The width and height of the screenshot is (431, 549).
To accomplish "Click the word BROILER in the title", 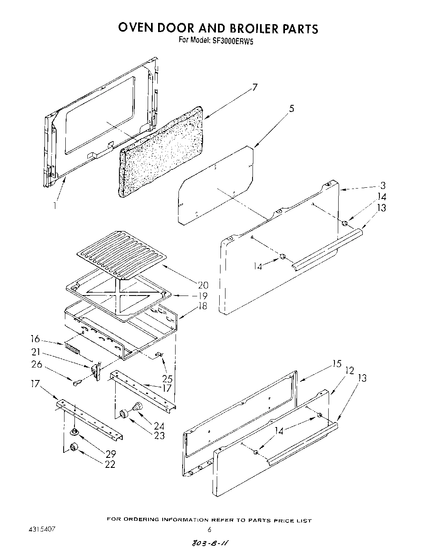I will tap(248, 28).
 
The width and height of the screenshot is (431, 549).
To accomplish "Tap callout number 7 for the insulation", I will tap(255, 87).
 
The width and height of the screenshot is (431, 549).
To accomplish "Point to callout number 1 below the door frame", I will tap(55, 205).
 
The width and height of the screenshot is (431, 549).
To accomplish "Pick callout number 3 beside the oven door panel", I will tap(383, 186).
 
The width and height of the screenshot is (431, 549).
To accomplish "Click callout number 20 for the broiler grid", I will tap(203, 286).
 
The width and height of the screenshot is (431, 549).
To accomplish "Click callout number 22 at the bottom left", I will tap(110, 464).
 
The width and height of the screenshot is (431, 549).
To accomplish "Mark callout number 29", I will tap(110, 454).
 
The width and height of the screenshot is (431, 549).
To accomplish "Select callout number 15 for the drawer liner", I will tap(337, 364).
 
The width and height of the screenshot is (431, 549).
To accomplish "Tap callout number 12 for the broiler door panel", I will tap(350, 370).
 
